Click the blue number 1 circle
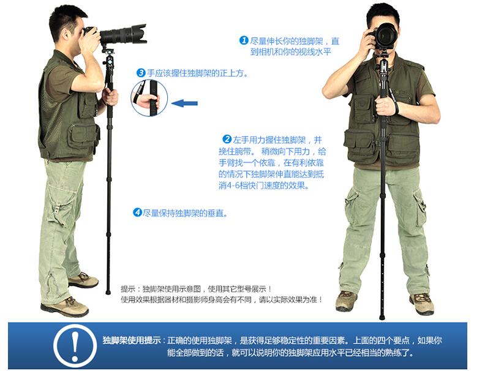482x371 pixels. point(244,40)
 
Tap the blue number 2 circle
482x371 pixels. point(227,139)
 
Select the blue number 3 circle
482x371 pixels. point(140,73)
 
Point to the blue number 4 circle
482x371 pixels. point(137,212)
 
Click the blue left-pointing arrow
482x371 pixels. point(184,103)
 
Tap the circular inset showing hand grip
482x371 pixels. point(149,98)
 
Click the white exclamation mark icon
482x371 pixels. point(75,346)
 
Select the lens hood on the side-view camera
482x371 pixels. point(139,34)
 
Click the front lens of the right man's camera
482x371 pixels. point(387,36)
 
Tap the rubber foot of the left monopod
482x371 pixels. point(108,291)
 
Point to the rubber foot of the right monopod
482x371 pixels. point(382,317)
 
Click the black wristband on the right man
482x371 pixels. point(397,108)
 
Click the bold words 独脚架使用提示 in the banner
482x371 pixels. point(132,340)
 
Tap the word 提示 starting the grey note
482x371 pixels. point(128,288)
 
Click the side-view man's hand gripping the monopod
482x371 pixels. point(110,97)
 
